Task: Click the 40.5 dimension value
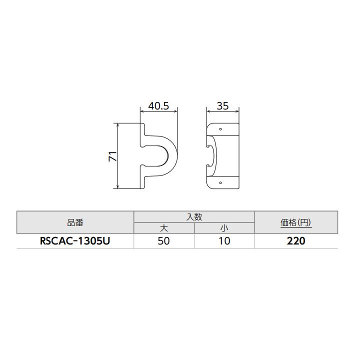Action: click(158, 106)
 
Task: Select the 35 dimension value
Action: click(223, 106)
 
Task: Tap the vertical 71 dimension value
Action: click(112, 156)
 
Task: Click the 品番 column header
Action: click(75, 222)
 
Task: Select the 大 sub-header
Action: click(163, 228)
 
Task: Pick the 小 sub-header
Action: click(224, 228)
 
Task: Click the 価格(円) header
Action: click(296, 222)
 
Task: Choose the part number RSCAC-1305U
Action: click(75, 241)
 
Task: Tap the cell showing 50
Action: click(163, 241)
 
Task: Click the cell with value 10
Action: click(224, 241)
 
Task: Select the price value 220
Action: click(296, 241)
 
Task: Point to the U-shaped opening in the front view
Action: click(159, 155)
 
